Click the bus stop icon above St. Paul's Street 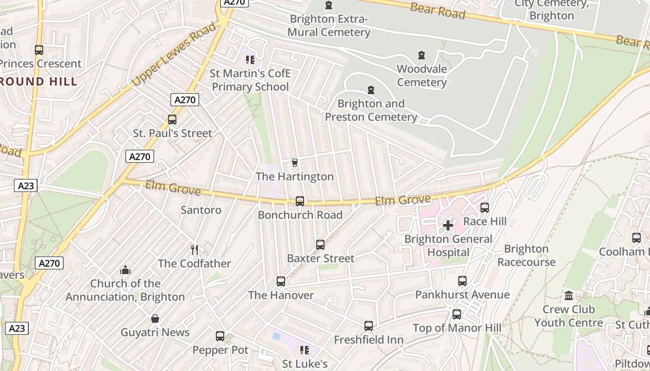tap(172, 120)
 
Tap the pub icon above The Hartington tap(294, 162)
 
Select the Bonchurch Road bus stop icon tap(300, 201)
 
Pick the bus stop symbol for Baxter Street tap(320, 244)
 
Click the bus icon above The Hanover tap(280, 281)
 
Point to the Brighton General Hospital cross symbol tap(448, 225)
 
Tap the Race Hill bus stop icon tap(485, 207)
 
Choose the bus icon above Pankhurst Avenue tap(462, 281)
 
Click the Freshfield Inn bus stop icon tap(369, 326)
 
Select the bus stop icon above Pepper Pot tap(220, 336)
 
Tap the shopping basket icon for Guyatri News tap(155, 319)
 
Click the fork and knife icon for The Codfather tap(195, 250)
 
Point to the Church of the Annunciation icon tap(125, 270)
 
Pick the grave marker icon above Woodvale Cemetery tap(422, 56)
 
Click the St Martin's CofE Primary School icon tap(250, 60)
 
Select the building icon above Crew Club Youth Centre tap(568, 296)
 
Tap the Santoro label tap(201, 210)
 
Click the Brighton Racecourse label tap(526, 256)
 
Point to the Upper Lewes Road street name tap(175, 54)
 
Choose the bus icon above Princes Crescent tap(39, 50)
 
